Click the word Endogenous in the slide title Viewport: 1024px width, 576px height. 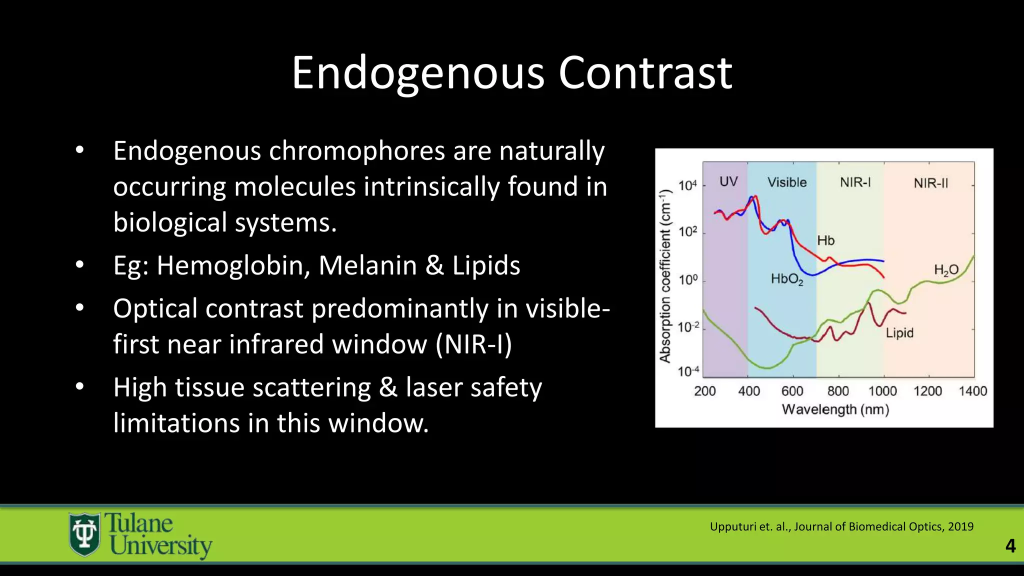418,73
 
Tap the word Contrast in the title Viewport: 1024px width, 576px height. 645,73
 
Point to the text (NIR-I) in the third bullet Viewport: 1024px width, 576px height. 473,344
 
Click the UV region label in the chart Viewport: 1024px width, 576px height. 728,182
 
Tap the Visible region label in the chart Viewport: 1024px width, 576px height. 787,182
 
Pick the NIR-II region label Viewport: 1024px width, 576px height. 930,183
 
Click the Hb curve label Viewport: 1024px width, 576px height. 826,241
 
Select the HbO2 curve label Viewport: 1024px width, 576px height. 787,279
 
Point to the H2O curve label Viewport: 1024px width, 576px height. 946,270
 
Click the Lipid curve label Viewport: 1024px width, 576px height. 899,333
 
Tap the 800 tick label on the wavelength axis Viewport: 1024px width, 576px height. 838,391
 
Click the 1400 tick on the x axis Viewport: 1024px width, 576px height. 972,391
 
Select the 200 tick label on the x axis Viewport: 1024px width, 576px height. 705,391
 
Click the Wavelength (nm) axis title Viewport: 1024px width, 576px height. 835,410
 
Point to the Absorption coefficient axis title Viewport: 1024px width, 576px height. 665,276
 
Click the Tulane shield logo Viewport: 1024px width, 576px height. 84,534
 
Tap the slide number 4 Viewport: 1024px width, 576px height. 1010,545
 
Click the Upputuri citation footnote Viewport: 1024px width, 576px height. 841,526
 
